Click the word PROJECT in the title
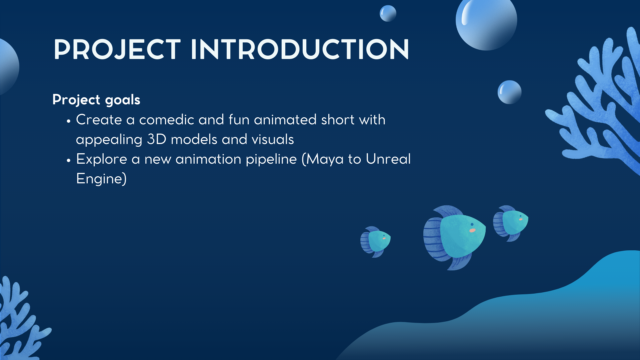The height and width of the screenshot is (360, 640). click(117, 50)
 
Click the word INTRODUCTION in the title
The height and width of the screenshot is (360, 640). click(300, 50)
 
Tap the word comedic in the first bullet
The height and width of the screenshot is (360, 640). click(167, 120)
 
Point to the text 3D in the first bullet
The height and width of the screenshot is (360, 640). click(157, 139)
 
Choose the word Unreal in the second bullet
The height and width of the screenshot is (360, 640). click(388, 159)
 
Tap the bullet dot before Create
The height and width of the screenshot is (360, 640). click(69, 121)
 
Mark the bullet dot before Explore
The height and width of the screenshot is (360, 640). click(69, 161)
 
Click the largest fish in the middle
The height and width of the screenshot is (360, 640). click(454, 237)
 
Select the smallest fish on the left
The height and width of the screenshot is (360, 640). click(375, 242)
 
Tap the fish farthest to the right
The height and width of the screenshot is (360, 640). click(511, 223)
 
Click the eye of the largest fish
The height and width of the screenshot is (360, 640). click(472, 224)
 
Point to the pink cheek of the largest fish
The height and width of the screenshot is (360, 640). click(472, 230)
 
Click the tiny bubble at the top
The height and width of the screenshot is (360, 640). click(388, 13)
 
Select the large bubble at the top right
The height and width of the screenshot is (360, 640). click(486, 21)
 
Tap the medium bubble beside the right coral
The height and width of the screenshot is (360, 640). click(509, 92)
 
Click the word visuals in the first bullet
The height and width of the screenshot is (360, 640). click(273, 139)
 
